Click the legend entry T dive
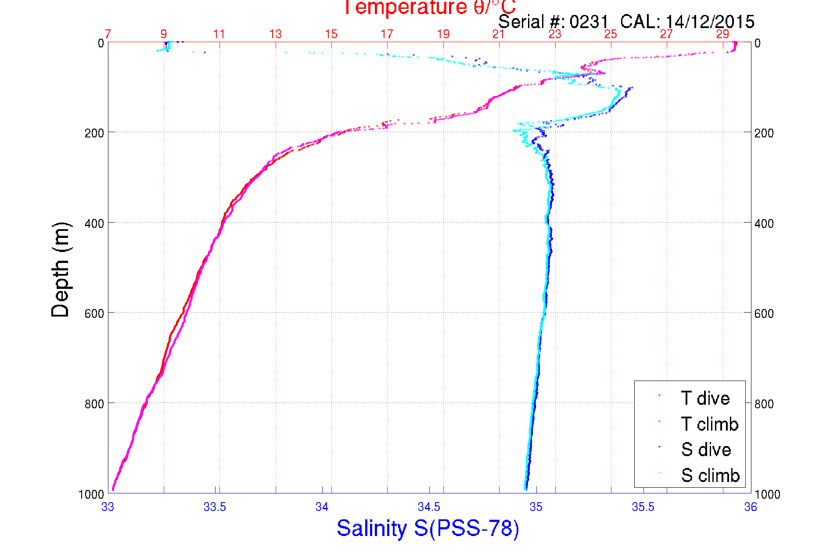tap(705, 398)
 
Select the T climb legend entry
tap(709, 424)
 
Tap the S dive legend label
tap(706, 450)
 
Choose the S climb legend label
tap(710, 475)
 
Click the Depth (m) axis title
tap(61, 270)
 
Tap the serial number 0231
tap(589, 22)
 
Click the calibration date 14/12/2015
tap(710, 22)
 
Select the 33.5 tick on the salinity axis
tap(215, 507)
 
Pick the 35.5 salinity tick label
tap(643, 507)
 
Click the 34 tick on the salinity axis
tap(322, 507)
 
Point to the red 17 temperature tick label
tap(387, 34)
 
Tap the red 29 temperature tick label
tap(722, 34)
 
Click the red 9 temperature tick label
tap(164, 34)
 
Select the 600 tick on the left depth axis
tap(94, 313)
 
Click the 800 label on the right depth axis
tap(764, 403)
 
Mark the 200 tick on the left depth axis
tap(94, 133)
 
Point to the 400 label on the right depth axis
tap(764, 223)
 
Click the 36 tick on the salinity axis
tap(751, 507)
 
